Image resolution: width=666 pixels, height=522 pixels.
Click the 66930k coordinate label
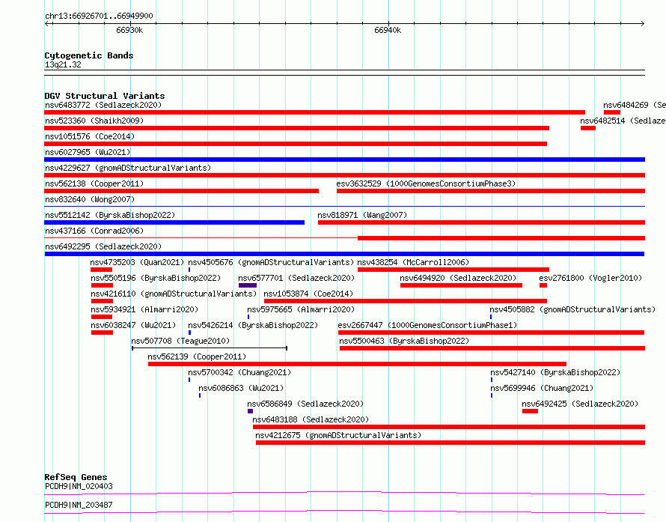coord(129,30)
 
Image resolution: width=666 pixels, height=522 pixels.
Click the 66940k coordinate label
coord(388,30)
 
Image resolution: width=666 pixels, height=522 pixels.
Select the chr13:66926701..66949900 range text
coord(99,16)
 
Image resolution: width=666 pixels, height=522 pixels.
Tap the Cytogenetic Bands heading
coord(89,55)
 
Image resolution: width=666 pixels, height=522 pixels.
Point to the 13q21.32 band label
coord(63,64)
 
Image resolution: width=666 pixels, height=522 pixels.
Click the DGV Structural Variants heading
coord(105,96)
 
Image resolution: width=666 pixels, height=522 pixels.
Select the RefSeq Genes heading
coord(76,477)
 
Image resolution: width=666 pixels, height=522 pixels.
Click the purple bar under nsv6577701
coord(248,285)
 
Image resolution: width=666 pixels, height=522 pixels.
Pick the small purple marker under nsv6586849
coord(250,411)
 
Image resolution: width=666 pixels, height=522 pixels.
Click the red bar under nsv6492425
coord(530,411)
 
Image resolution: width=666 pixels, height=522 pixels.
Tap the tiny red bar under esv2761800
coord(543,285)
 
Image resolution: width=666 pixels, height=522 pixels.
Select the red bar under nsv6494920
coord(461,285)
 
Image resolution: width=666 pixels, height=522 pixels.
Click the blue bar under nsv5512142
coord(174,222)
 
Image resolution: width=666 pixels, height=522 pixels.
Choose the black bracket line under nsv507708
coord(210,348)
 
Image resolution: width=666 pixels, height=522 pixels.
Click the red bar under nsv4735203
coord(101,270)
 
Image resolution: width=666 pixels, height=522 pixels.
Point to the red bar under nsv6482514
coord(588,128)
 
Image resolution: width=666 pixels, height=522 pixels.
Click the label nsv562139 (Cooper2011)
coord(197,356)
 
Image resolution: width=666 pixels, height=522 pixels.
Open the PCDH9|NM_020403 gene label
coord(79,486)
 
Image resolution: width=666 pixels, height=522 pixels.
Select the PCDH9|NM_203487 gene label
coord(79,505)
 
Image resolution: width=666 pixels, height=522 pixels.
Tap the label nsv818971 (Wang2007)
coord(362,215)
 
